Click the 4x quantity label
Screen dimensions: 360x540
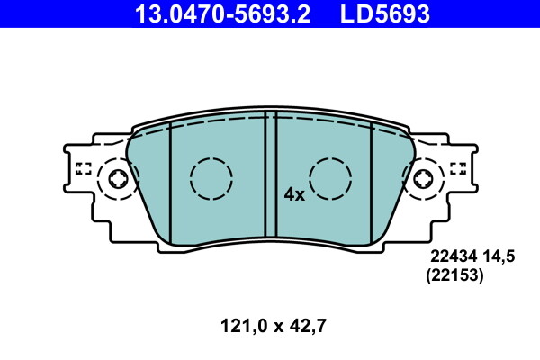pos(294,193)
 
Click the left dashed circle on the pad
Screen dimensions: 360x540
pos(211,177)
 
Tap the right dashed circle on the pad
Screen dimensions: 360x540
pos(330,177)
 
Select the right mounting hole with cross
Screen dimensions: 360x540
pos(423,179)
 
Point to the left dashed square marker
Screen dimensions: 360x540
pos(84,167)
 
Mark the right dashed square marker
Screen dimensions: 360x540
pos(458,167)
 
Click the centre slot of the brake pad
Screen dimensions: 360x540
pos(270,175)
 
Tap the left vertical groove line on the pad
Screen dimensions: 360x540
pos(170,180)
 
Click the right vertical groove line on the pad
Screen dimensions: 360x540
pos(372,180)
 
